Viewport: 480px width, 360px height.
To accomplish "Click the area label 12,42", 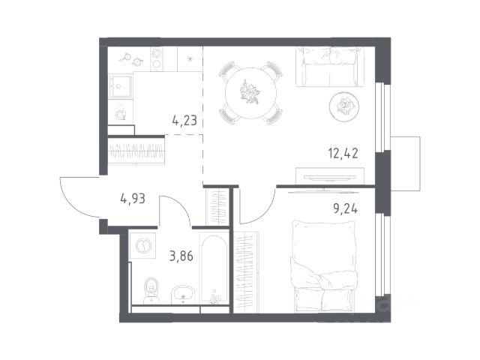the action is point(343,153).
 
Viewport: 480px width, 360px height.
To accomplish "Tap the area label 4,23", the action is point(184,120).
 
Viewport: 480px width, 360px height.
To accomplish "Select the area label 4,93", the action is point(133,199).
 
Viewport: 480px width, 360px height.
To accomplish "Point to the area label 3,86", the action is point(181,256).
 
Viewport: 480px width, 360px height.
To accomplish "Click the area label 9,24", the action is point(345,208).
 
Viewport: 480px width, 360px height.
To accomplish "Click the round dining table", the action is point(250,93).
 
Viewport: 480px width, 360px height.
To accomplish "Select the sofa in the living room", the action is point(330,67).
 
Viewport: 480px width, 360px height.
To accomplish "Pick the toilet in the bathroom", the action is point(151,290).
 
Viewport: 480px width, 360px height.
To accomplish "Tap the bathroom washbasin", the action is point(182,295).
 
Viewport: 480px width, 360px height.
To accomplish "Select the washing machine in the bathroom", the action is point(142,246).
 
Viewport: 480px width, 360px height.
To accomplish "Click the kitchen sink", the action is point(121,86).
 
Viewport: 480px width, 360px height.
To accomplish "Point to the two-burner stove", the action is point(157,59).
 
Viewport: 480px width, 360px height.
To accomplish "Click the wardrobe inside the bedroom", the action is point(246,271).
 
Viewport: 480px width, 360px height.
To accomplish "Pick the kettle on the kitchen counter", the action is point(121,114).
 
